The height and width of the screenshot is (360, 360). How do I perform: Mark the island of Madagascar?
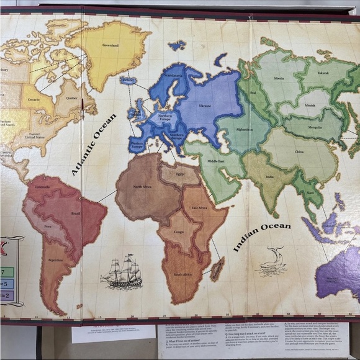click(217, 268)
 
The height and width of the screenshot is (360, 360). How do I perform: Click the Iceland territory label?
click(128, 80)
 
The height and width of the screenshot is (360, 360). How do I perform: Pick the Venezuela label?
click(42, 187)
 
